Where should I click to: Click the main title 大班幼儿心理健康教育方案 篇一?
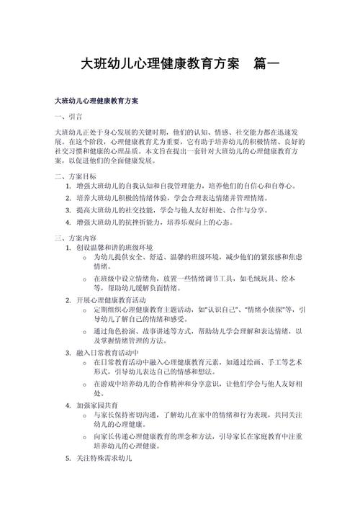[x=179, y=64]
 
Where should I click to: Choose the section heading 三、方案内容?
[x=75, y=238]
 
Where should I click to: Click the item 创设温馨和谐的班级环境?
[x=120, y=248]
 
